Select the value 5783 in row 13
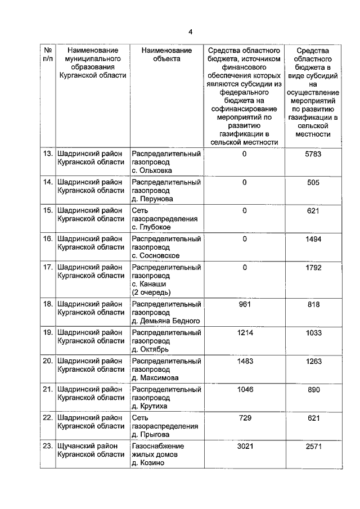pyautogui.click(x=313, y=154)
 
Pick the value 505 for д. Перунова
pyautogui.click(x=313, y=182)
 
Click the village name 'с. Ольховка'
pyautogui.click(x=152, y=170)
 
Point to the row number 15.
pyautogui.click(x=48, y=211)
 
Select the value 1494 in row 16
pyautogui.click(x=313, y=239)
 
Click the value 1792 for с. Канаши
pyautogui.click(x=313, y=268)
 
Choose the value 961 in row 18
pyautogui.click(x=244, y=304)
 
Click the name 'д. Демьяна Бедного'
pyautogui.click(x=163, y=321)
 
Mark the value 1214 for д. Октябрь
pyautogui.click(x=244, y=333)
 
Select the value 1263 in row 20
pyautogui.click(x=313, y=361)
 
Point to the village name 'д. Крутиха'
pyautogui.click(x=150, y=406)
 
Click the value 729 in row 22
pyautogui.click(x=244, y=418)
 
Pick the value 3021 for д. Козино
pyautogui.click(x=244, y=447)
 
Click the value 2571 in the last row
pyautogui.click(x=313, y=447)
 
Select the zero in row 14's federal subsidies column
pyautogui.click(x=244, y=182)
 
